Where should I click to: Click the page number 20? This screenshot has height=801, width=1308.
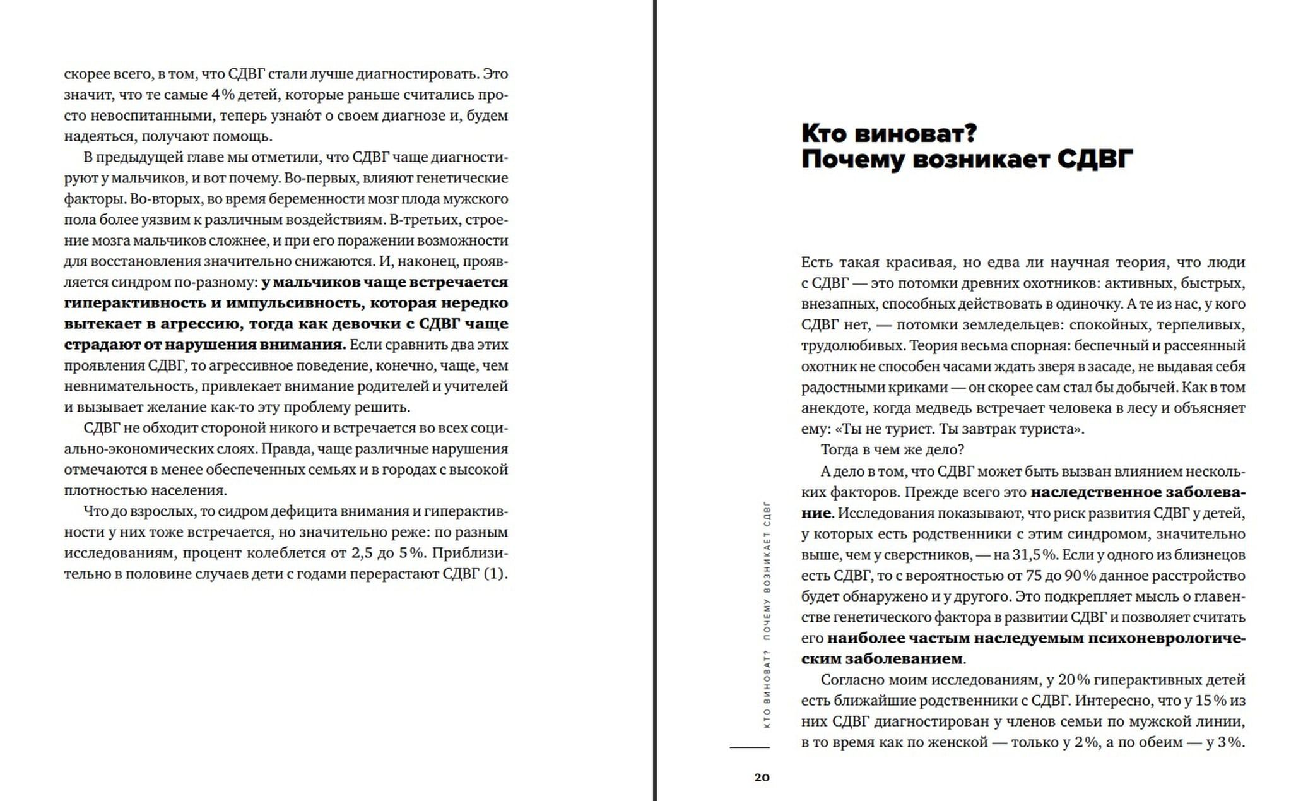point(762,777)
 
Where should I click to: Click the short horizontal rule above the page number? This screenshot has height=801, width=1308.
point(750,747)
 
